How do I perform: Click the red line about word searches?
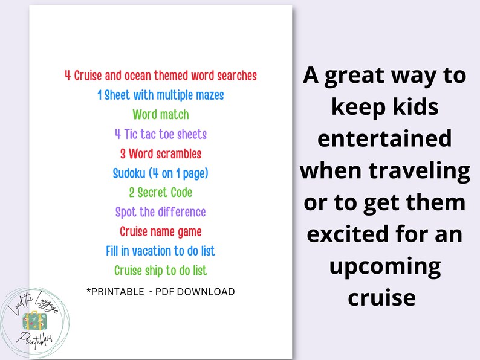(x=161, y=76)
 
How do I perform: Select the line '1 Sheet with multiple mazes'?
(x=161, y=95)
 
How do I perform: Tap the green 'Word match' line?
(x=161, y=114)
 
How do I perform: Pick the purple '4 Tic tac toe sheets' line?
(x=161, y=134)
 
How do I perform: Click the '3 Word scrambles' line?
(x=161, y=153)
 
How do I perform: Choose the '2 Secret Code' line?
(x=161, y=192)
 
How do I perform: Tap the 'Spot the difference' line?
(x=161, y=212)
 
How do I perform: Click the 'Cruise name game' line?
(x=161, y=231)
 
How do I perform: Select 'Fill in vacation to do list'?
(x=161, y=251)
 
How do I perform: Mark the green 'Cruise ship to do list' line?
(x=161, y=270)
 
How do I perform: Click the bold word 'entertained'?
(x=384, y=138)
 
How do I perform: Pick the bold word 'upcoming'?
(x=384, y=266)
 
